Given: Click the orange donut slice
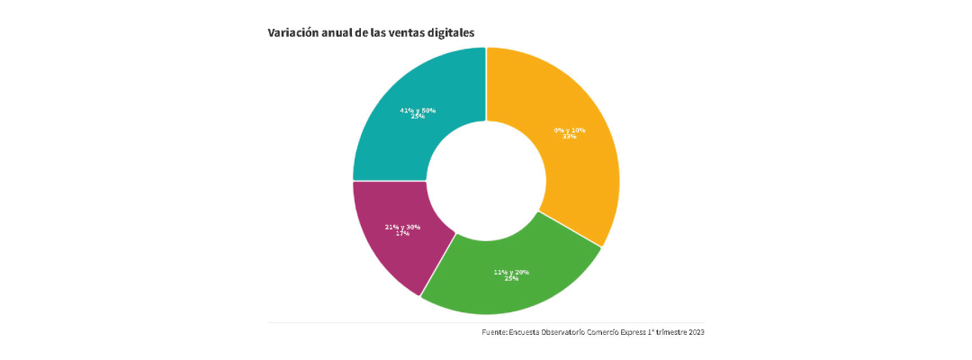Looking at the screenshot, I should pos(576,171).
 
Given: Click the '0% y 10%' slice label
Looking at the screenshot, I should pos(570,130).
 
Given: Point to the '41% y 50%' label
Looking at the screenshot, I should pos(418,110).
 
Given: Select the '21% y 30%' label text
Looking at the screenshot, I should pos(402,227).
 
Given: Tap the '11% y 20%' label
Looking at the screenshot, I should pos(511,272).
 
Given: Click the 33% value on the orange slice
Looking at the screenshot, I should pos(570,137).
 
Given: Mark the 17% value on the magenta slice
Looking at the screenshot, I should pos(402,234).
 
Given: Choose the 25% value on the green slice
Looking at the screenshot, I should pos(511,279).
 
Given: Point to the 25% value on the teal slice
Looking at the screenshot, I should pos(418,117).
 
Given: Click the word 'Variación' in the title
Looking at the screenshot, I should pos(293,32).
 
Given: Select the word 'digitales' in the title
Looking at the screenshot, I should pos(448,32).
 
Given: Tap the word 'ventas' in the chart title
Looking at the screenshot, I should pos(400,32).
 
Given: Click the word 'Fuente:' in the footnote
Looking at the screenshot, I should pos(495,333).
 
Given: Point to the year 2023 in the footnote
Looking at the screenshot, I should pos(696,333).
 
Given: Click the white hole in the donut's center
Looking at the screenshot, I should pos(486,180).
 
